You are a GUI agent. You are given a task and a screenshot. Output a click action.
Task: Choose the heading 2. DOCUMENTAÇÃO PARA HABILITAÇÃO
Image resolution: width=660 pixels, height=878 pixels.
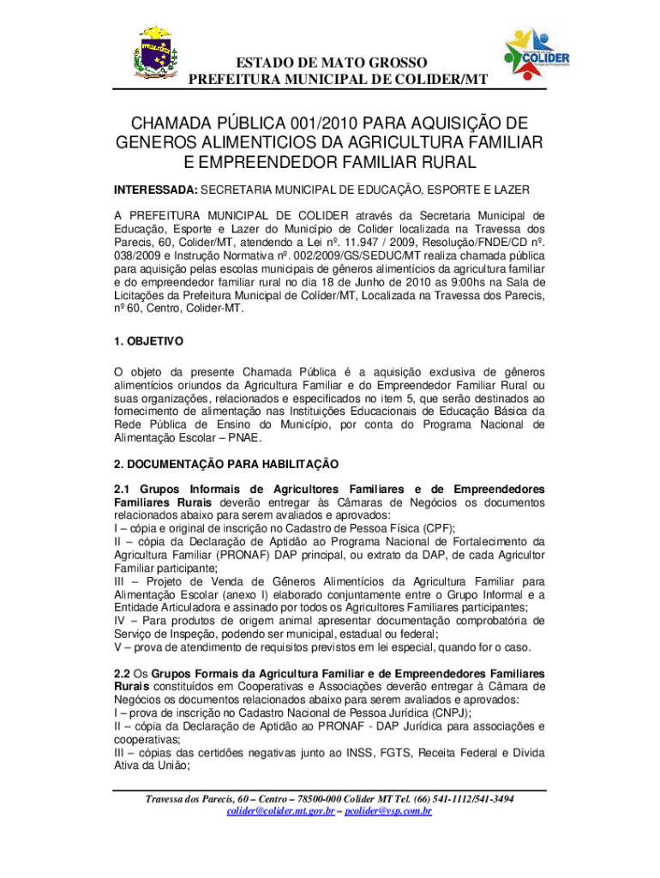click(226, 464)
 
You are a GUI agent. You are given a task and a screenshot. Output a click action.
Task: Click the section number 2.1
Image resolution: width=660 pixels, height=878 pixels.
click(121, 489)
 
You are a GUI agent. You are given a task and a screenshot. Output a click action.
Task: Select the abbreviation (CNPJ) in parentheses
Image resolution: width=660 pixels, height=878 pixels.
click(428, 713)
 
